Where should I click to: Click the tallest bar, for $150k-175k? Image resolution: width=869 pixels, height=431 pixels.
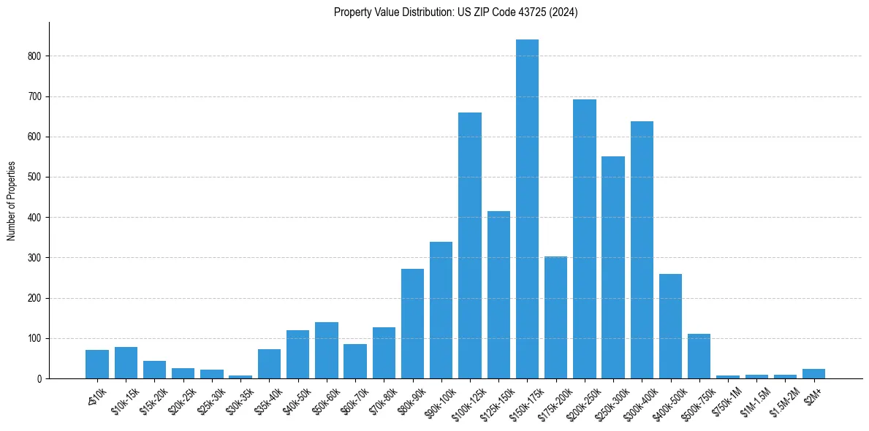coord(527,209)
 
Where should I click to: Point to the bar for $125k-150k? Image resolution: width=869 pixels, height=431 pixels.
coord(498,295)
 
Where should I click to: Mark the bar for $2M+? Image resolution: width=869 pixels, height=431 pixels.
coord(813,374)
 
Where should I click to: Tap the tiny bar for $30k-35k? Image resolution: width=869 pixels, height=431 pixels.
coord(240,377)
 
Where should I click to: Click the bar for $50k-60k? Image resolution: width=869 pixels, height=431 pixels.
coord(327,351)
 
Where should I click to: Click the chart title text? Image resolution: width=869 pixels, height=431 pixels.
coord(455,12)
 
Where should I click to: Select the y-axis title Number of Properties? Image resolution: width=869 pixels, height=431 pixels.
coord(12,201)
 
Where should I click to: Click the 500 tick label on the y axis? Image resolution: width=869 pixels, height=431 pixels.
coord(37,178)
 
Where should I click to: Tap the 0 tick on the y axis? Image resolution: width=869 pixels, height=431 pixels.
coord(41,379)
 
